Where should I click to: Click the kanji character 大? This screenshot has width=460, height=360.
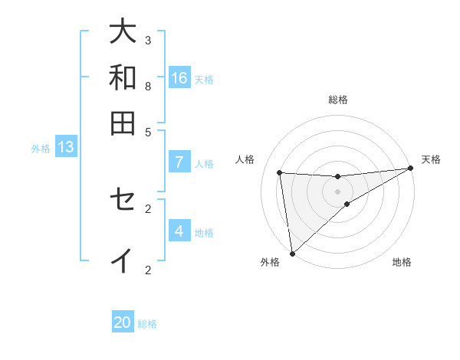click(123, 31)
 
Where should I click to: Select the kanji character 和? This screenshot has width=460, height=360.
click(123, 77)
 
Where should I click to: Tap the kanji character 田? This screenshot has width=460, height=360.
click(123, 123)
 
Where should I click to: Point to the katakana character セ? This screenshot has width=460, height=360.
click(123, 200)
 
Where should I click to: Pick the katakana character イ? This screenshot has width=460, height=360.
click(123, 260)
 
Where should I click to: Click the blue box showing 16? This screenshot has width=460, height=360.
click(179, 77)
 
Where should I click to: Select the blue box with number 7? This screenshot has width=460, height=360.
click(179, 162)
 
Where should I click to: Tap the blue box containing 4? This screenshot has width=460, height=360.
click(179, 231)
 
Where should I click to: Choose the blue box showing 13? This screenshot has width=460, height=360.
click(66, 147)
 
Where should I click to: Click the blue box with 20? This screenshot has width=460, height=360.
click(123, 322)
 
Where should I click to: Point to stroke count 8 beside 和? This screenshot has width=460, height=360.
click(148, 86)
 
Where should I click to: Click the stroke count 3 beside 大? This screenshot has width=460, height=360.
click(148, 40)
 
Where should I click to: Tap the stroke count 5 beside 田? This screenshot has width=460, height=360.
click(148, 131)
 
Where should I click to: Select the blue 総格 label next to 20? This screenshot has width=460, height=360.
click(147, 324)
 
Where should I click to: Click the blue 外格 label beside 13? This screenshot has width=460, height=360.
click(41, 149)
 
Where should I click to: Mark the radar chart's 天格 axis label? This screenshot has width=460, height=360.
click(431, 159)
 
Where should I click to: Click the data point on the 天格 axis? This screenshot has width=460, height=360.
click(410, 169)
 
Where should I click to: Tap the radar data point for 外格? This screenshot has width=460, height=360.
click(292, 254)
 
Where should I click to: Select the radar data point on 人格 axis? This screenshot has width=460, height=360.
click(279, 172)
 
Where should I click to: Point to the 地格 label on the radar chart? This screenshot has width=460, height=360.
click(402, 263)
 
